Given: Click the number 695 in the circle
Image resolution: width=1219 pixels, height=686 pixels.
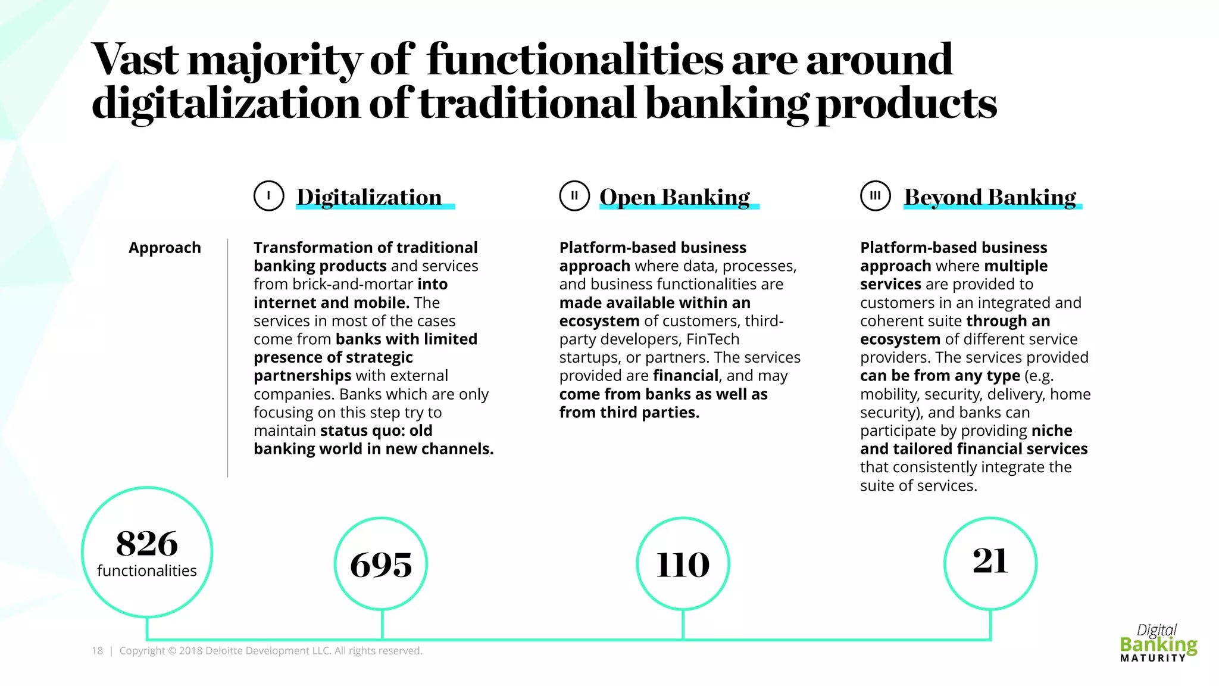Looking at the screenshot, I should coord(381,564).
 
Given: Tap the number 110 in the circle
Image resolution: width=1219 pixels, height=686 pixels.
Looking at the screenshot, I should coord(683,564).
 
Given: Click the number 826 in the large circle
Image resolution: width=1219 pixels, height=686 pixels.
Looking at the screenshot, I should coord(147,543).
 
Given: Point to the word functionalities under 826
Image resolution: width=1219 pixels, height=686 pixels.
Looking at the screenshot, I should coord(147,570).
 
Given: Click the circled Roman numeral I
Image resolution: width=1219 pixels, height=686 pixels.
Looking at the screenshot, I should coord(268,196).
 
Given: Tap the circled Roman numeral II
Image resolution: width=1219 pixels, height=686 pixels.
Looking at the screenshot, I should coord(574,196).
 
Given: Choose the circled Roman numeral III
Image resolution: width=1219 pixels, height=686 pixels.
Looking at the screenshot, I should coord(875,196).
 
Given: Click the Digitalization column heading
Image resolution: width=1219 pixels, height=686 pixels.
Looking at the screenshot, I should coord(369,197).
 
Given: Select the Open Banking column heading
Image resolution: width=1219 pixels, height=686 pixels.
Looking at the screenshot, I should coord(674,197).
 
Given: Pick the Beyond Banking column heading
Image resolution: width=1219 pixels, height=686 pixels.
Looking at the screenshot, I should coord(990,197).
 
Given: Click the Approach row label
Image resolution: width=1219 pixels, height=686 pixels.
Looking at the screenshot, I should coord(165,248).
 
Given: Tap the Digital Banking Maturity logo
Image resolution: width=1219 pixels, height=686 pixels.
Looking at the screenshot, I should coord(1158,643).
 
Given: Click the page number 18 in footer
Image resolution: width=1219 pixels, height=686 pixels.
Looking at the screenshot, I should coord(97,651).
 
